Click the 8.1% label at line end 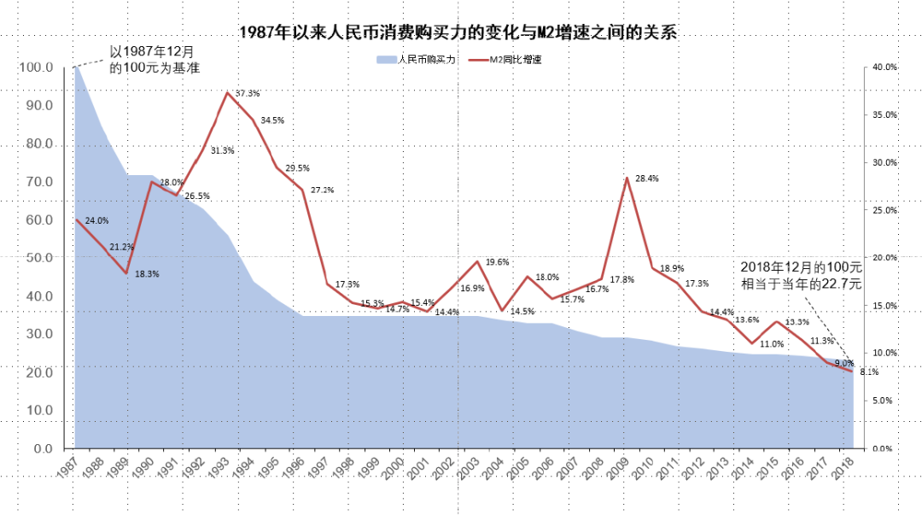click(869, 372)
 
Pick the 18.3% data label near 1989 click(147, 274)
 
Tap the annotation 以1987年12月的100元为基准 click(155, 60)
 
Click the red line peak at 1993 click(226, 92)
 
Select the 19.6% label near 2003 click(497, 262)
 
